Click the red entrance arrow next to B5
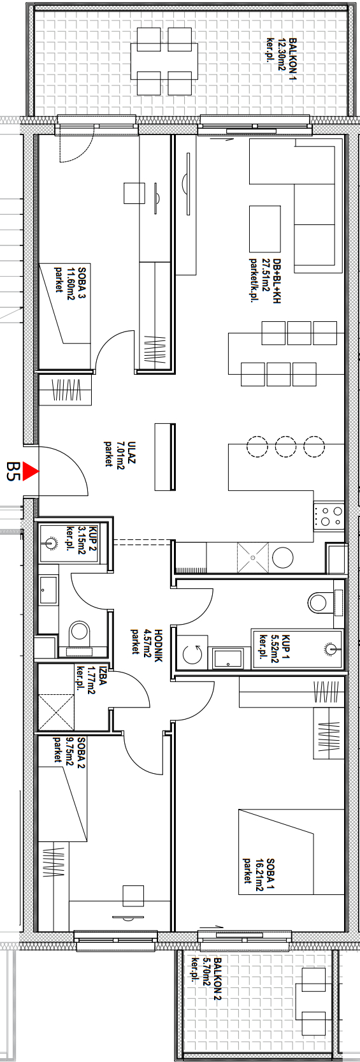click(31, 472)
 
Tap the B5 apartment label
click(11, 472)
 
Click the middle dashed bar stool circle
click(285, 447)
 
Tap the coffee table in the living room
click(265, 229)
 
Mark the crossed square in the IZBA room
click(56, 711)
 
